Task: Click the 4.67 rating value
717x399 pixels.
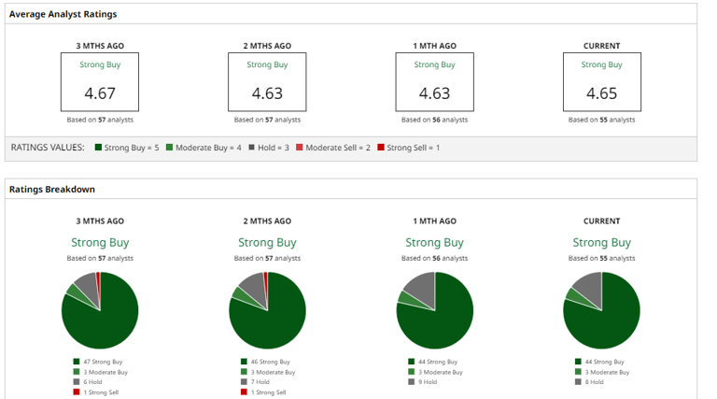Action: (x=100, y=93)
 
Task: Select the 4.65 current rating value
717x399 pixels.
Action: (x=601, y=93)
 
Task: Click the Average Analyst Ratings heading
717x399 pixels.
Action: (x=63, y=15)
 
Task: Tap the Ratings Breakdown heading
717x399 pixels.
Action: (x=52, y=190)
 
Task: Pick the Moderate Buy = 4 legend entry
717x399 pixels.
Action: (x=204, y=148)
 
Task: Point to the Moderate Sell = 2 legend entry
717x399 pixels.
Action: (x=333, y=148)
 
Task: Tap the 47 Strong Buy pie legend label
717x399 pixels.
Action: (x=103, y=362)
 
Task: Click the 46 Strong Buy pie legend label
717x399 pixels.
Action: (x=270, y=362)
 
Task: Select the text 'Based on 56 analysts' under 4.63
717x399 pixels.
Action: (x=434, y=121)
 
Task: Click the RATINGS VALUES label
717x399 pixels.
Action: (x=47, y=148)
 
